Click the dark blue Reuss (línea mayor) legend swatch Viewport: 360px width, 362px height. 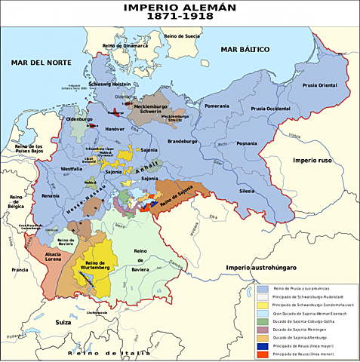262,345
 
